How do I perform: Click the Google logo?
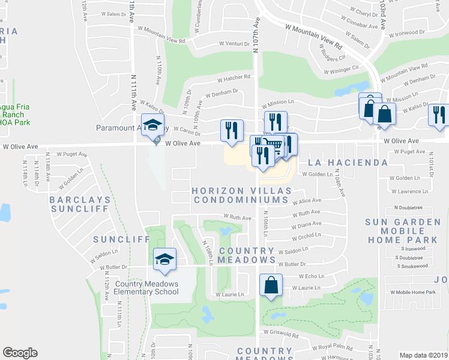(20, 353)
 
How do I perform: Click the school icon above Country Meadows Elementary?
(164, 259)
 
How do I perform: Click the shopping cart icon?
(274, 145)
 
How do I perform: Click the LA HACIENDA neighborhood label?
(348, 163)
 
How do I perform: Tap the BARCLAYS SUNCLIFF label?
(79, 204)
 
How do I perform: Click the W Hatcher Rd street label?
(234, 78)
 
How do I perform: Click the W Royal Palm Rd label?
(331, 347)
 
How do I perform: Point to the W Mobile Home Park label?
(412, 292)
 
